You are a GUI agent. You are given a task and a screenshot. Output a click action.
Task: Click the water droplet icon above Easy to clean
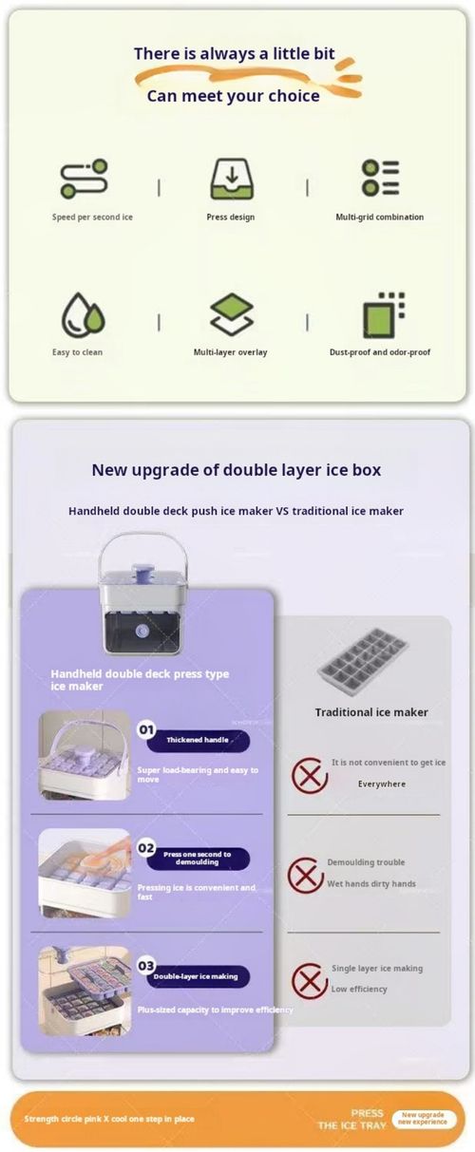pos(83,315)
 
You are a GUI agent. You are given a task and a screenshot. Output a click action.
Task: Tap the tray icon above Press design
pos(231,179)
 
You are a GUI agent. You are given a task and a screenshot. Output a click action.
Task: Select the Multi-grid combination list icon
pos(380,179)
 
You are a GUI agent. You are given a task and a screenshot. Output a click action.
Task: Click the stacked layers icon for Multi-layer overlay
pos(231,315)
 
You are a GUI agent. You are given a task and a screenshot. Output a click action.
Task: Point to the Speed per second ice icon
pos(84,179)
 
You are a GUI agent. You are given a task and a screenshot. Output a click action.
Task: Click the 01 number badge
pos(146,730)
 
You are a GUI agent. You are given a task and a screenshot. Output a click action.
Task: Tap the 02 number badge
pos(146,847)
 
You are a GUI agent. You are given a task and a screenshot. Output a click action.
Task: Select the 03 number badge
pos(146,965)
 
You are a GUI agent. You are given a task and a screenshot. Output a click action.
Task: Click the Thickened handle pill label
pos(198,741)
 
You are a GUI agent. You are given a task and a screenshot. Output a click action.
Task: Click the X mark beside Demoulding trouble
pos(306,874)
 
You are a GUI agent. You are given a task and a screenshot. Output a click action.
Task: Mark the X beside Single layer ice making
pos(309,979)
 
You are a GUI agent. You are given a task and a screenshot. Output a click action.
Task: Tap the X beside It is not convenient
pos(309,775)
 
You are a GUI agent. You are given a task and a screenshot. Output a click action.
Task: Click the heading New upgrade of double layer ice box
pos(237,469)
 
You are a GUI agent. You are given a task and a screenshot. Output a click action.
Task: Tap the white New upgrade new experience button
pos(421,1118)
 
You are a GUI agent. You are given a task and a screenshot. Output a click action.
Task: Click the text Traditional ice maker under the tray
pos(371,711)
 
